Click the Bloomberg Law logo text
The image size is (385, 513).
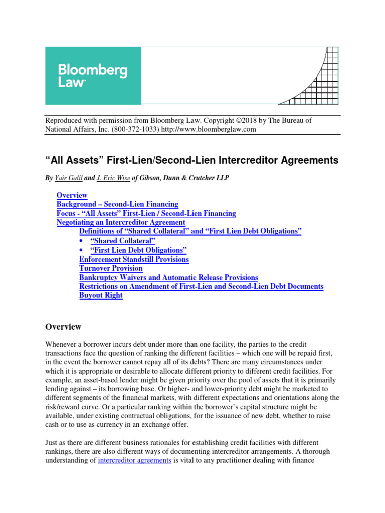point(93,76)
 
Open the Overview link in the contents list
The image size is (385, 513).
point(72,195)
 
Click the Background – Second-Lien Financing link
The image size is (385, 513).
point(117,204)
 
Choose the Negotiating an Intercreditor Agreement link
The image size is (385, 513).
point(121,222)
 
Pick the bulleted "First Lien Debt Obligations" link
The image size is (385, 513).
point(138,250)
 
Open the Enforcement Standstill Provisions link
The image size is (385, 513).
point(134,259)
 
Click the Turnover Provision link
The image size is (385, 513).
point(111,268)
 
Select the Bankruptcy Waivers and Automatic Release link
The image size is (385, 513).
point(168,277)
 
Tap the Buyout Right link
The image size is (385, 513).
point(101,295)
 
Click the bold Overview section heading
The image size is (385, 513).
point(63,327)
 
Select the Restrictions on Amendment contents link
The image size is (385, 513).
point(201,286)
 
